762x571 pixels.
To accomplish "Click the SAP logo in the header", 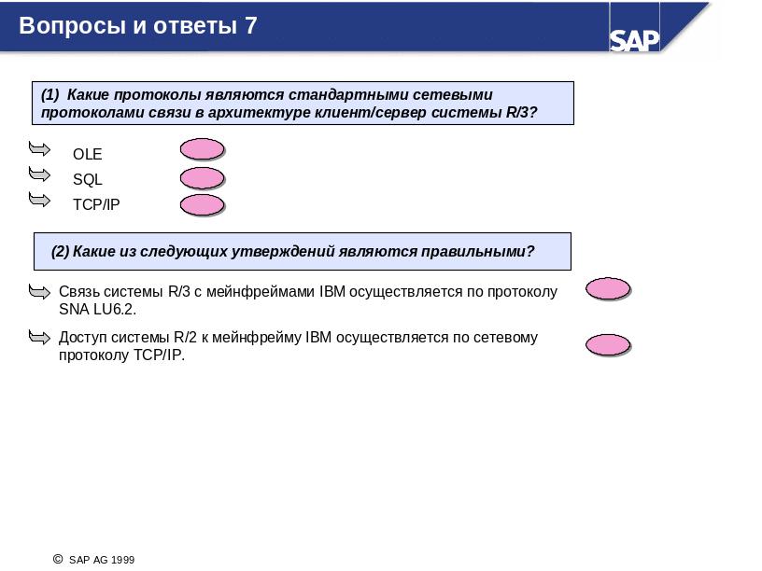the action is [634, 40].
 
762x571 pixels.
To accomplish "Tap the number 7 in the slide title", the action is [251, 26].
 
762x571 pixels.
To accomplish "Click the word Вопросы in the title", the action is [73, 26].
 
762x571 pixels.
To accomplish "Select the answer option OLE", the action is [88, 154].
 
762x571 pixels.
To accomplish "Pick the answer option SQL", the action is [88, 179].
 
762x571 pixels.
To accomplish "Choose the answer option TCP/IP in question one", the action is [96, 204].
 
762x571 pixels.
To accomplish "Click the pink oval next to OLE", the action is [202, 149].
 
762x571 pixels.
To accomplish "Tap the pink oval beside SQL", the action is [202, 178].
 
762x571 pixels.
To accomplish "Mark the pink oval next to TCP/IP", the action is [202, 205].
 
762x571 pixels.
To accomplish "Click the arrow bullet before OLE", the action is [39, 148].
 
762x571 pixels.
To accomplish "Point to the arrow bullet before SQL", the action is [39, 174].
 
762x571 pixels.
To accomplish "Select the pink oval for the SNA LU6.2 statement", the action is [608, 289].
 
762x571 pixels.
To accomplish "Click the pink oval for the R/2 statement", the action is [608, 345].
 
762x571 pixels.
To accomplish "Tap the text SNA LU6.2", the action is [97, 310].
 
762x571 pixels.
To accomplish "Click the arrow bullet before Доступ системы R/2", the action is [39, 337].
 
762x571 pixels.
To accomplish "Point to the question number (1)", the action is [50, 94].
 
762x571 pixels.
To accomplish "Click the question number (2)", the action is [61, 252].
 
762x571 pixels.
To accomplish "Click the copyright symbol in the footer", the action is [58, 560].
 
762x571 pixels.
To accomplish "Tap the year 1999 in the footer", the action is [123, 560].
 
